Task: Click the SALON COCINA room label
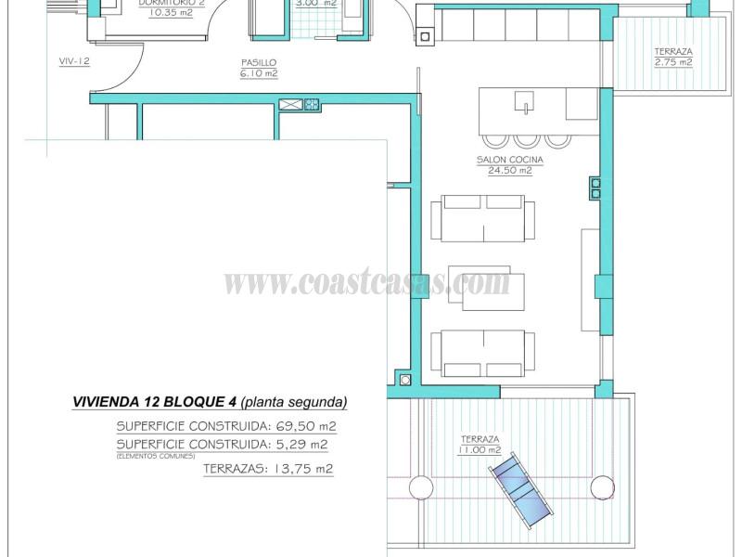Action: tap(510, 160)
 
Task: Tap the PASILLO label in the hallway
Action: tap(258, 63)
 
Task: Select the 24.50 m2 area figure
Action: tap(510, 171)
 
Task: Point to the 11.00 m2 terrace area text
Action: tap(480, 450)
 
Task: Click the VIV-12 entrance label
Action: tap(73, 61)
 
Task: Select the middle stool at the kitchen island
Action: tap(528, 140)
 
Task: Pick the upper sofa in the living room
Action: tap(482, 218)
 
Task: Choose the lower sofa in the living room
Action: tap(482, 353)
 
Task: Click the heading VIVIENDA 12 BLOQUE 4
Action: tap(154, 403)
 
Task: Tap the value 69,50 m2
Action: tap(302, 426)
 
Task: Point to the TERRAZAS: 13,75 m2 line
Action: tap(267, 469)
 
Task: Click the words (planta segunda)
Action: tap(294, 403)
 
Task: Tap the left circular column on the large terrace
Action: tap(420, 486)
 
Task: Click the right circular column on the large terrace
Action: tap(602, 486)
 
